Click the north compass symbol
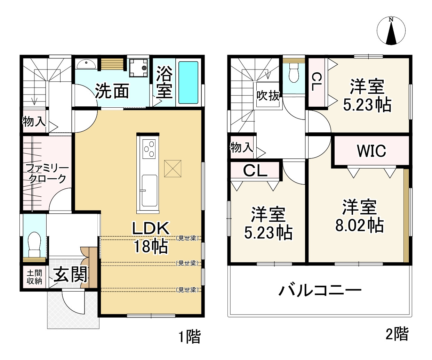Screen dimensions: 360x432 [x=391, y=31]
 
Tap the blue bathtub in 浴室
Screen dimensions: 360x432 [x=189, y=83]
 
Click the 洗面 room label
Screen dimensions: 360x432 [x=112, y=91]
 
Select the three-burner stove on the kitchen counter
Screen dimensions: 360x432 [x=149, y=148]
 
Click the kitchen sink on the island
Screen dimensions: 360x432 [x=149, y=190]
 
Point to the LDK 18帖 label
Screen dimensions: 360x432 [x=151, y=237]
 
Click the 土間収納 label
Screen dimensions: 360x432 [x=34, y=277]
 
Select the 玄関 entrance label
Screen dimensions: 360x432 [x=70, y=275]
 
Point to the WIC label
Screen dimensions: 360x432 [x=371, y=151]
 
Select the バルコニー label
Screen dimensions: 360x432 [x=320, y=290]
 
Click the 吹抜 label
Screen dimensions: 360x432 [x=268, y=96]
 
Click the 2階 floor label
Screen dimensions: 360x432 [x=397, y=334]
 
